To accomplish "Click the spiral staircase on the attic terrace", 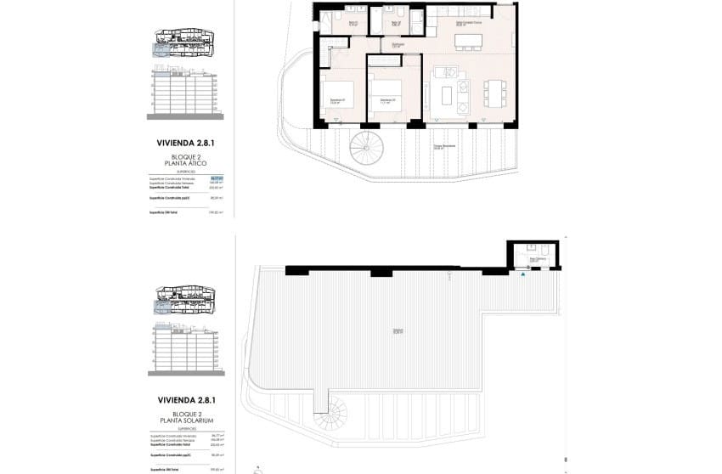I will coord(366,149).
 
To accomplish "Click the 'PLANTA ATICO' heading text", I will coord(184,164).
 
